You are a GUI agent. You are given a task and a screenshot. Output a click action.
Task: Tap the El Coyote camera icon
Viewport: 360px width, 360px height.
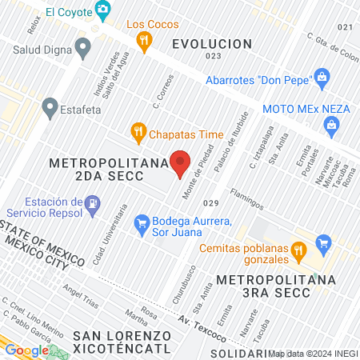tap(102, 10)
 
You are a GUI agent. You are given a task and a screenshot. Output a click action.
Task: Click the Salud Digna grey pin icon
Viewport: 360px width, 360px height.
tap(83, 50)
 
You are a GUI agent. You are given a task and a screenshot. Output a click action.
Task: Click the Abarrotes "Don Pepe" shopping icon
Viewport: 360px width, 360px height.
tap(322, 78)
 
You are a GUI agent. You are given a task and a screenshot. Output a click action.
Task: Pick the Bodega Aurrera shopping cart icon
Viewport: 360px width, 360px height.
tap(142, 222)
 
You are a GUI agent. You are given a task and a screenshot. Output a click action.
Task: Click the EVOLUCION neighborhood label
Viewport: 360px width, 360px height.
tap(212, 43)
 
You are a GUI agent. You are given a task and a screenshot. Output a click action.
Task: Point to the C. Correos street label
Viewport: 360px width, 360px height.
tap(162, 94)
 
